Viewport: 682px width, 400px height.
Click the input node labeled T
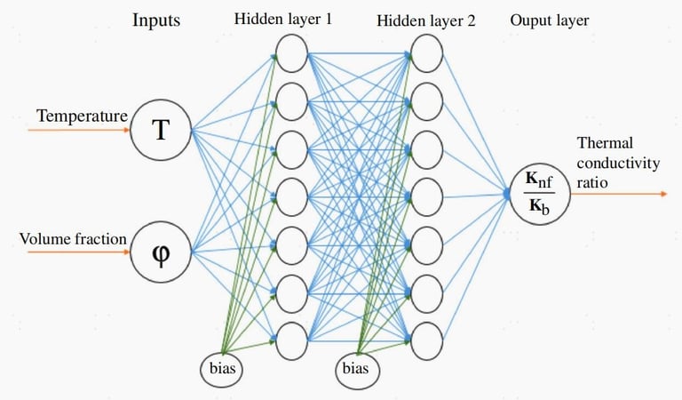(x=160, y=132)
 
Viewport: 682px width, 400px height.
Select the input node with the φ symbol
(x=160, y=250)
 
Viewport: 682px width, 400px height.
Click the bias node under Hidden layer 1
(x=219, y=368)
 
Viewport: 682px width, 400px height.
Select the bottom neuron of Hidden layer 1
(x=291, y=336)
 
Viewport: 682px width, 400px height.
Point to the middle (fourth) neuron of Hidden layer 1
(x=291, y=192)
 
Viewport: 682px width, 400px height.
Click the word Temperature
(x=83, y=116)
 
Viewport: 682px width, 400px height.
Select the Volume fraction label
(x=72, y=237)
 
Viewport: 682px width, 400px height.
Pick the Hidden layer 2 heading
(x=425, y=19)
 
